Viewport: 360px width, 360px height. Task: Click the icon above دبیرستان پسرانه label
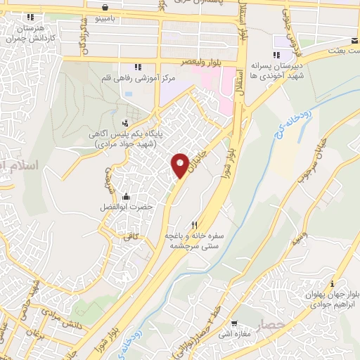pyautogui.click(x=277, y=54)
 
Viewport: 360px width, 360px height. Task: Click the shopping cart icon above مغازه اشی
pyautogui.click(x=233, y=324)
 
